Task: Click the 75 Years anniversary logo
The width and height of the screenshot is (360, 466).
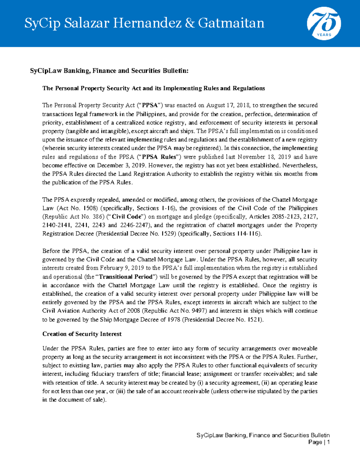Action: [324, 23]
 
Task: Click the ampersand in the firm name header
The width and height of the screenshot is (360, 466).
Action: [190, 23]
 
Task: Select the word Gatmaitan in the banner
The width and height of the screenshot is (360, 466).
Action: [231, 23]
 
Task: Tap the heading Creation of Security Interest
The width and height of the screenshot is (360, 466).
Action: [82, 334]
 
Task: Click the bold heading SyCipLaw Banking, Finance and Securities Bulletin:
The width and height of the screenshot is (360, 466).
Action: [109, 71]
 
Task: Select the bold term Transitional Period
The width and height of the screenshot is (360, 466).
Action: [126, 277]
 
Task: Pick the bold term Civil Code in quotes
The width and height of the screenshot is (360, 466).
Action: [126, 217]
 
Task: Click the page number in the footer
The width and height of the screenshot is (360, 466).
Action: [328, 442]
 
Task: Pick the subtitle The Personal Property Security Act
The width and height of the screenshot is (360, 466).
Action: [154, 88]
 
